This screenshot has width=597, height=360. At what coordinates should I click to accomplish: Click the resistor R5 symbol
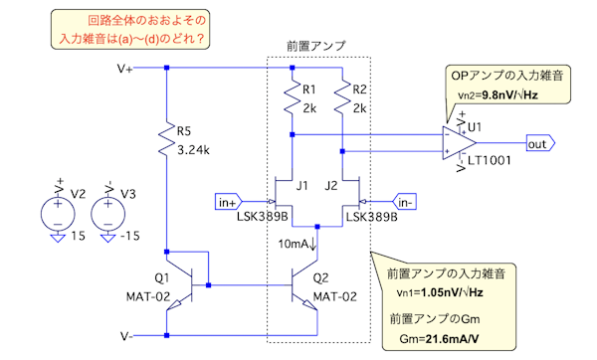(x=166, y=139)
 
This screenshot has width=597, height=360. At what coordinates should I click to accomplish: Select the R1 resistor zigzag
(x=292, y=96)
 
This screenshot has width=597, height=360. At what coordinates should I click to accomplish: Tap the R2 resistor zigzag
(x=342, y=96)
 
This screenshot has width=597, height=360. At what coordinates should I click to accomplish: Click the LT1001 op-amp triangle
(x=460, y=143)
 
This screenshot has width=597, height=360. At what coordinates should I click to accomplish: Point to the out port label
(x=540, y=143)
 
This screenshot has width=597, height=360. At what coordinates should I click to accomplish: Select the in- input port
(x=404, y=202)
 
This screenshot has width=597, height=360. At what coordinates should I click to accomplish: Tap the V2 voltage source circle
(x=58, y=214)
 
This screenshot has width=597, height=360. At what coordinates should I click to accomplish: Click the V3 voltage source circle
(x=107, y=214)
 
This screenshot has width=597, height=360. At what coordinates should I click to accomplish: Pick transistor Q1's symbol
(x=183, y=285)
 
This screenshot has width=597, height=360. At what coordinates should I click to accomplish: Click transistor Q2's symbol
(x=303, y=285)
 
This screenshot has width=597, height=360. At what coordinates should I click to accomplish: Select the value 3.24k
(x=193, y=150)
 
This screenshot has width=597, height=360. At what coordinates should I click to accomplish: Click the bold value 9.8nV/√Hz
(x=509, y=94)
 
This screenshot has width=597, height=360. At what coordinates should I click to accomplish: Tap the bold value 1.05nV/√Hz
(x=452, y=292)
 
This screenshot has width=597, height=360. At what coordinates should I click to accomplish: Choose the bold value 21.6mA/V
(x=452, y=338)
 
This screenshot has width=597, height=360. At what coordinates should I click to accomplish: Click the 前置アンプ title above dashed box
(x=316, y=46)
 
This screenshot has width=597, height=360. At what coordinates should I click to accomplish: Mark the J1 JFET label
(x=301, y=186)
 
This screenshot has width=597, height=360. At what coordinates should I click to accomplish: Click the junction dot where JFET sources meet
(x=317, y=227)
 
